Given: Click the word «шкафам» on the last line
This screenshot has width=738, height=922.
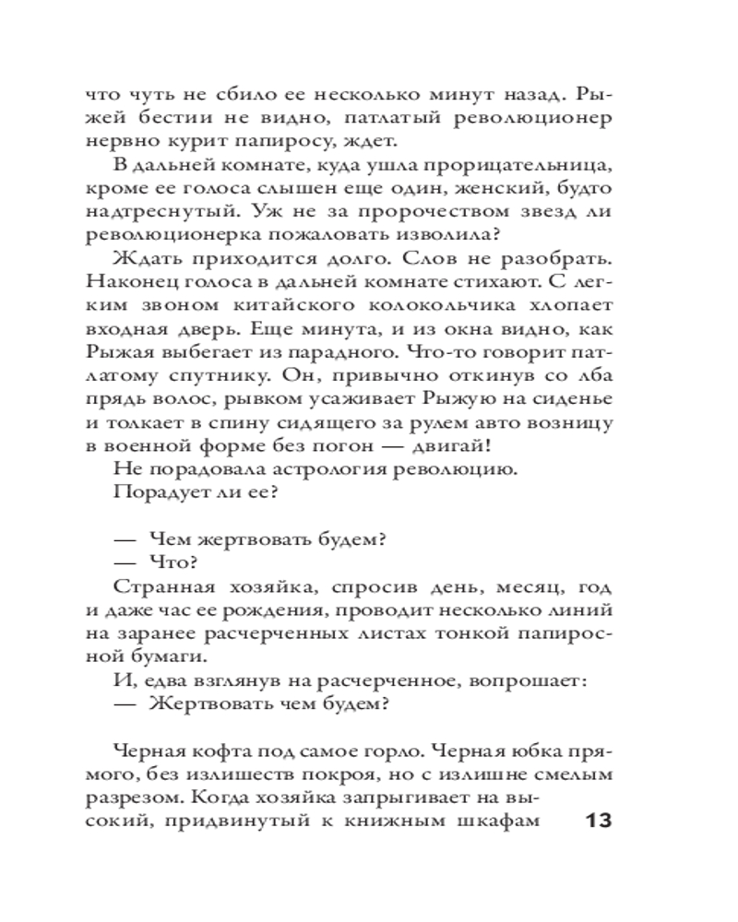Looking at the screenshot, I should [502, 821].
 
